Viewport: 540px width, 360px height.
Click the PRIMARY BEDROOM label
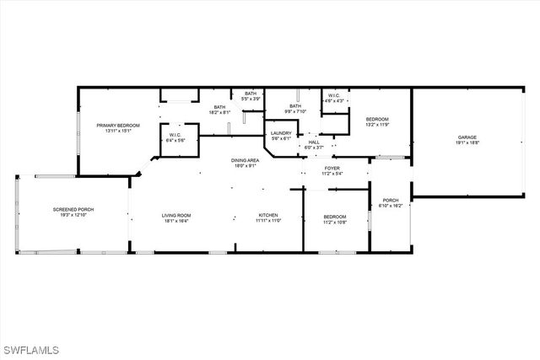tap(117, 125)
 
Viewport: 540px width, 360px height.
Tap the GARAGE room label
tap(467, 137)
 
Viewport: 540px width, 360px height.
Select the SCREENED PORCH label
tap(73, 209)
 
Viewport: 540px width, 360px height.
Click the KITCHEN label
tap(268, 215)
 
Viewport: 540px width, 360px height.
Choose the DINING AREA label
tap(245, 160)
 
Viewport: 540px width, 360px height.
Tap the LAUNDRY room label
tap(281, 133)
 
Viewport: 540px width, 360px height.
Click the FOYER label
tap(332, 168)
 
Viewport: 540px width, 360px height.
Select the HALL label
tap(314, 142)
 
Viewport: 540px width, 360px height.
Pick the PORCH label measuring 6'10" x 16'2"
tap(391, 200)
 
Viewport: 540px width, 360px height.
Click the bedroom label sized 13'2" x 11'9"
tap(376, 120)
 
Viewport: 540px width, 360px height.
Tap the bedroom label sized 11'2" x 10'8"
tap(335, 218)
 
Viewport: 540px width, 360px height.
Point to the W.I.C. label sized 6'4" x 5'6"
tap(175, 135)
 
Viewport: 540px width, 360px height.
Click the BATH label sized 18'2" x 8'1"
tap(219, 107)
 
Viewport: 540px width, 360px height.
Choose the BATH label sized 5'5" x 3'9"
tap(251, 94)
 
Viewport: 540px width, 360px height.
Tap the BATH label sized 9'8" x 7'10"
tap(295, 106)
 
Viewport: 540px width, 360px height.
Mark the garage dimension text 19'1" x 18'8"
tap(467, 142)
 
